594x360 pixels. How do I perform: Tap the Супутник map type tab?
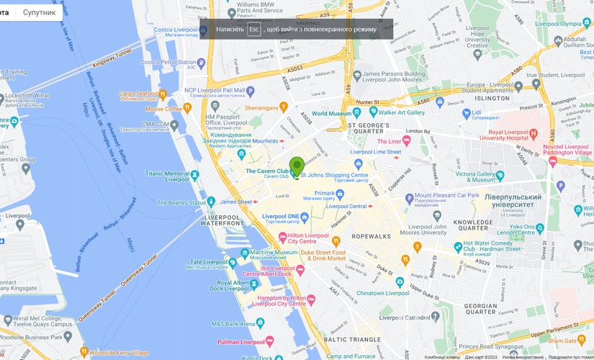(39, 12)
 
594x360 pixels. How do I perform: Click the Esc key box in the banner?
(253, 29)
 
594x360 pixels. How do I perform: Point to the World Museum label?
(330, 114)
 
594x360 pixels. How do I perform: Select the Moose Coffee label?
(163, 109)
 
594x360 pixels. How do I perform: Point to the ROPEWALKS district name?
(371, 236)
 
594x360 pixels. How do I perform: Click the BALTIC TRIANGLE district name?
(352, 338)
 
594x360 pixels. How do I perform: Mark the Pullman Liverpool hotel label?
(238, 342)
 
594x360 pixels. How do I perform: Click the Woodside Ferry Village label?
(120, 352)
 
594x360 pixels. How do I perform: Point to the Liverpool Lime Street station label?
(375, 152)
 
